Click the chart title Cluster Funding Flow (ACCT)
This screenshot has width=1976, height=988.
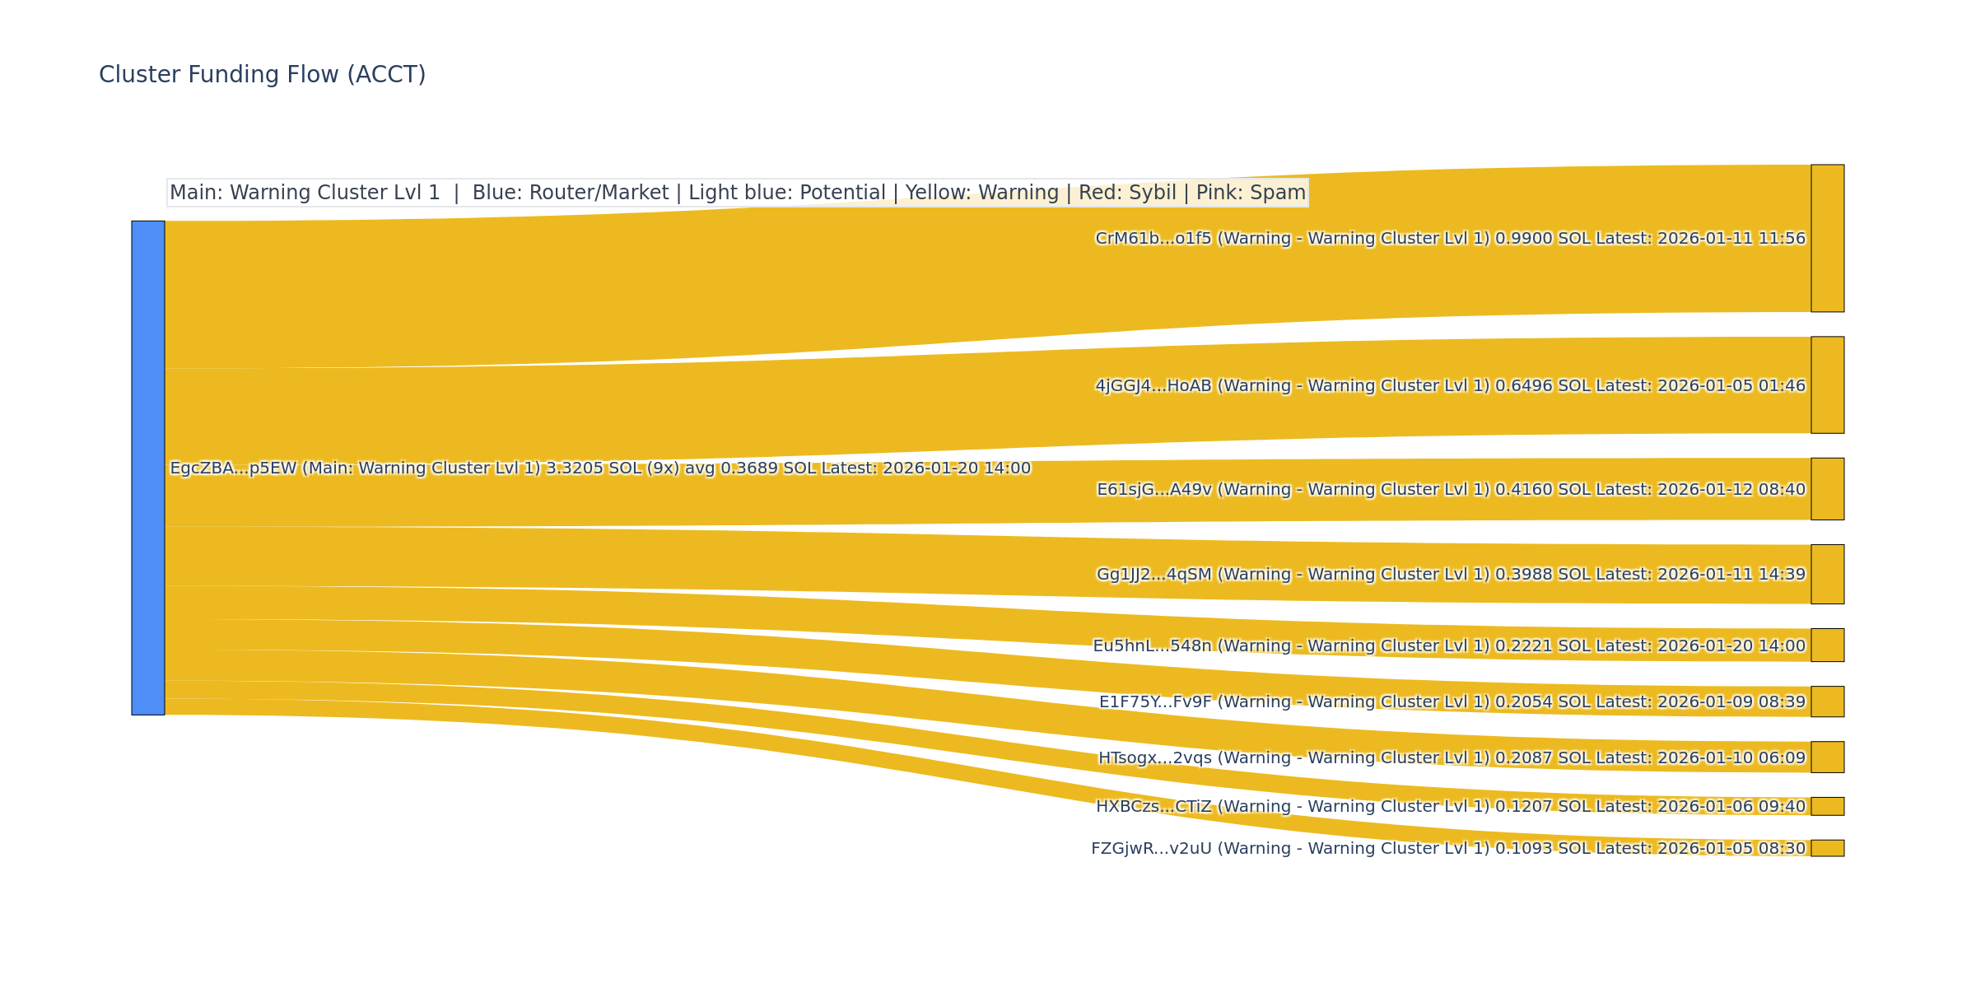[262, 75]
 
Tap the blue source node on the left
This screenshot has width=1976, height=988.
[148, 468]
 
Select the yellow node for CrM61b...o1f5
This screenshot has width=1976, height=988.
[1827, 238]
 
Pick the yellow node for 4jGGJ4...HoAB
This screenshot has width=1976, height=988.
[1827, 384]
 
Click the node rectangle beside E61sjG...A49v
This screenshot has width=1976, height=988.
[1827, 489]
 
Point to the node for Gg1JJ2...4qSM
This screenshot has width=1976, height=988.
[1827, 574]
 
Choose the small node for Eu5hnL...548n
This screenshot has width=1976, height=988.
[1827, 645]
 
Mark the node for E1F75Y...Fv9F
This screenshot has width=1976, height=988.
[1827, 701]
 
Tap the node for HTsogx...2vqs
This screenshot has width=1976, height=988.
[1827, 757]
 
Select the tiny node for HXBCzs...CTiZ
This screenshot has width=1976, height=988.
[1827, 806]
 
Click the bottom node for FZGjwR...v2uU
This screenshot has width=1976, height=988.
[1827, 848]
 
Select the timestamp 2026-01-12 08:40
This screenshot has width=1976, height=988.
[1731, 490]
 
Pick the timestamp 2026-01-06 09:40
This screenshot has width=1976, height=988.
[1731, 807]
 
